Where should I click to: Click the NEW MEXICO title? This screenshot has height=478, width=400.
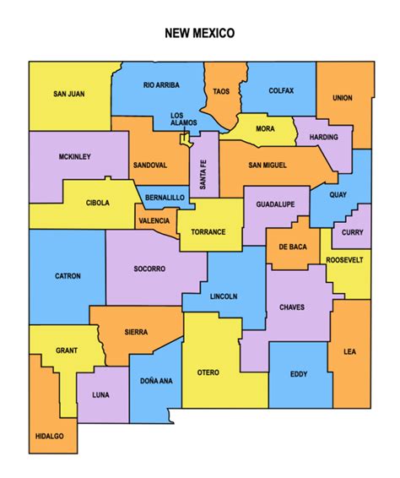point(199,34)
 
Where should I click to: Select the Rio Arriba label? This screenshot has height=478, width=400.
point(160,85)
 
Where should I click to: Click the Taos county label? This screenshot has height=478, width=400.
point(221,91)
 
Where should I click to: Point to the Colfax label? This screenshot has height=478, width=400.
point(280,90)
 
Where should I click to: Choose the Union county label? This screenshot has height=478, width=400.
point(342,98)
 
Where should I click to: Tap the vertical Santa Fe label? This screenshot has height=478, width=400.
point(203,173)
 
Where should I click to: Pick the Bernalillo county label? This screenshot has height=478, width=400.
point(165,197)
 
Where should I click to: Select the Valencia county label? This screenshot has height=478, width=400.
point(153,220)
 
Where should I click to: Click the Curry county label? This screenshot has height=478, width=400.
point(352,233)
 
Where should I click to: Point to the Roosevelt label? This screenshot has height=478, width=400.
point(344,260)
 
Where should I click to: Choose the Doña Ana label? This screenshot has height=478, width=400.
point(156,381)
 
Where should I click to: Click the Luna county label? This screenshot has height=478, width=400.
point(100,394)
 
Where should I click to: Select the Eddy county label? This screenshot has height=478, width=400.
point(299,374)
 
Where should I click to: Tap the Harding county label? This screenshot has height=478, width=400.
point(323,137)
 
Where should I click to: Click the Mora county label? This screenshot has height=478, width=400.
point(264,129)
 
